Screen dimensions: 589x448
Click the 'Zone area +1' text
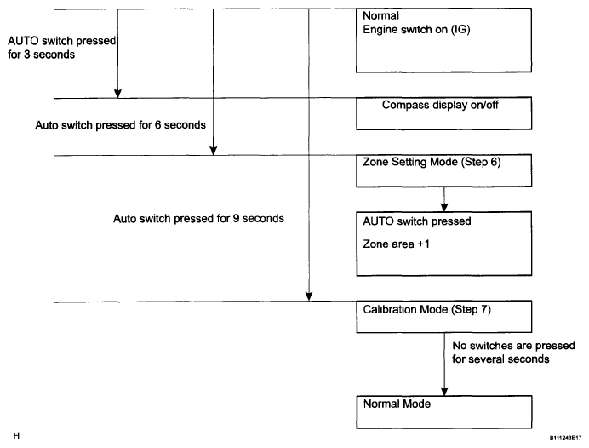(396, 244)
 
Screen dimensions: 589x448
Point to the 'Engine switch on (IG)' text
(416, 30)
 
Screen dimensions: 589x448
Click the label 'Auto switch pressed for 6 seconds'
(121, 125)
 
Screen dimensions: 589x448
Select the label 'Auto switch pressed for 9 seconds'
(198, 219)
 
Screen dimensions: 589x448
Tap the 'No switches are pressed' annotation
(513, 346)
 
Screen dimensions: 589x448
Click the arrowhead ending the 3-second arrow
(117, 94)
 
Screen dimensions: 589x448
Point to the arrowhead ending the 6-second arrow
(213, 151)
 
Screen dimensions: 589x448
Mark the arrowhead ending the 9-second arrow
(309, 296)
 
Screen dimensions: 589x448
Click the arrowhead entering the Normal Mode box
(444, 391)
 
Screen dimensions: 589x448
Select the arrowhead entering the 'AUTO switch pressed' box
(444, 207)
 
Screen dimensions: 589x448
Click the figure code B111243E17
(565, 438)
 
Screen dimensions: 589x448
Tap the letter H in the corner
(16, 436)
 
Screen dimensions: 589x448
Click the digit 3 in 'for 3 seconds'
(27, 55)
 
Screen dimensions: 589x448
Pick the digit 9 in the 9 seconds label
(236, 218)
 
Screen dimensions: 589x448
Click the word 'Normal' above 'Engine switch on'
(381, 16)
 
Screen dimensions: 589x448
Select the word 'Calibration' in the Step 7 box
(390, 309)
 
